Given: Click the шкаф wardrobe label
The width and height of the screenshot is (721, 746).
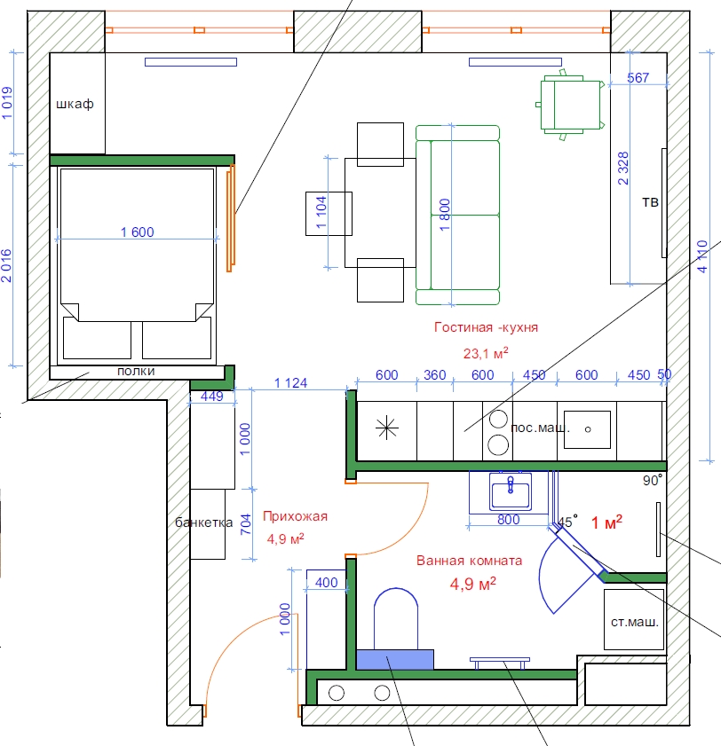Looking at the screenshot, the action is point(75,104).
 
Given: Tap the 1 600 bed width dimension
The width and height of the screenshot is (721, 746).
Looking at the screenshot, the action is point(137,232).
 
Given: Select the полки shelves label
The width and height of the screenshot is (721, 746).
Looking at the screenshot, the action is point(136,371).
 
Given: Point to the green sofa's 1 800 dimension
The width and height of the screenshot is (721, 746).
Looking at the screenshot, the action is point(445,215).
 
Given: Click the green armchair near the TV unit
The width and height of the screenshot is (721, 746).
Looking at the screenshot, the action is point(570,105).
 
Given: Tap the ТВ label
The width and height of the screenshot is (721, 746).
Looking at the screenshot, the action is point(651,202).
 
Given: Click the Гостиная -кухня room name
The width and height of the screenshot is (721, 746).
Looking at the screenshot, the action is point(486,327).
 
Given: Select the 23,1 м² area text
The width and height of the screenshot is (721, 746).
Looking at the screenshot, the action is point(486,353).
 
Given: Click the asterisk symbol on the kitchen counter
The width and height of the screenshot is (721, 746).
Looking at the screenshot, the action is point(386,428).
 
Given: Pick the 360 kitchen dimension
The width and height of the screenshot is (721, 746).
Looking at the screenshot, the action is point(435,375).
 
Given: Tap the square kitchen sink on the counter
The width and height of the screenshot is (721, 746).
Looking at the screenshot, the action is point(587,429).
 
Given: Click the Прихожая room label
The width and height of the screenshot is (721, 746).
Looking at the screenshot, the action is point(296,516).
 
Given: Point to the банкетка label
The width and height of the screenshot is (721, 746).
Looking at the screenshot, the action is point(204,522).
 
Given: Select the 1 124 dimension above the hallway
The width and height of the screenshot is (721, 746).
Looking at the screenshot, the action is point(290,383).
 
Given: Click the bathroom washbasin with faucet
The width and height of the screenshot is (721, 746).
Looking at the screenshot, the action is point(511,492).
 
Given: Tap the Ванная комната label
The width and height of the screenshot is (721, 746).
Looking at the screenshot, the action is point(469,561).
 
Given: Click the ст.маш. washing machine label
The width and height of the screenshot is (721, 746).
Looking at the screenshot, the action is point(634,622).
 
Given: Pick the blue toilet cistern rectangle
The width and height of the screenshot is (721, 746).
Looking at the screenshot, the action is point(395,659).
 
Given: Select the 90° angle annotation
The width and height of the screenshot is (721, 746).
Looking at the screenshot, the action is point(653,480).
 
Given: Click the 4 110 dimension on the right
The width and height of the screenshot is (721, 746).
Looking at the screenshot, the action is point(702,256).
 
